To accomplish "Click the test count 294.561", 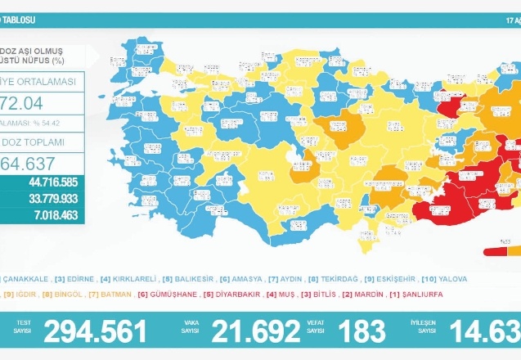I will (96, 331).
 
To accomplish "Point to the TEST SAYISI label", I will (22, 326).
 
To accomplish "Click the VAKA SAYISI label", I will (190, 326).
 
